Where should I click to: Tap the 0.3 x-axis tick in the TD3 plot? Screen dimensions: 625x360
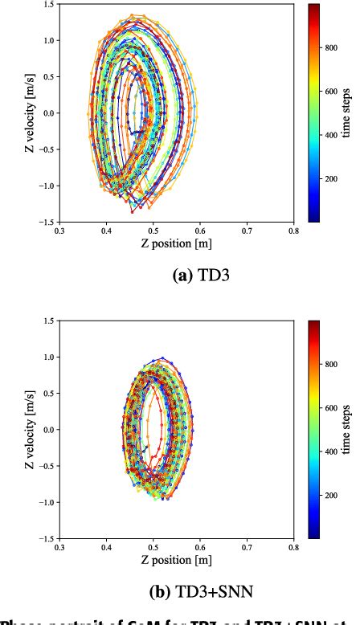point(59,231)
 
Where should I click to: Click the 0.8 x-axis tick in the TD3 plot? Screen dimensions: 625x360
point(294,231)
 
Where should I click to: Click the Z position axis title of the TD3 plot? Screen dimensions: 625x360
point(176,243)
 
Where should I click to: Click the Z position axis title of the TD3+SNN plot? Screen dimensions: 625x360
point(176,559)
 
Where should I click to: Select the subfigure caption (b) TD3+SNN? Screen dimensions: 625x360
point(176,593)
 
